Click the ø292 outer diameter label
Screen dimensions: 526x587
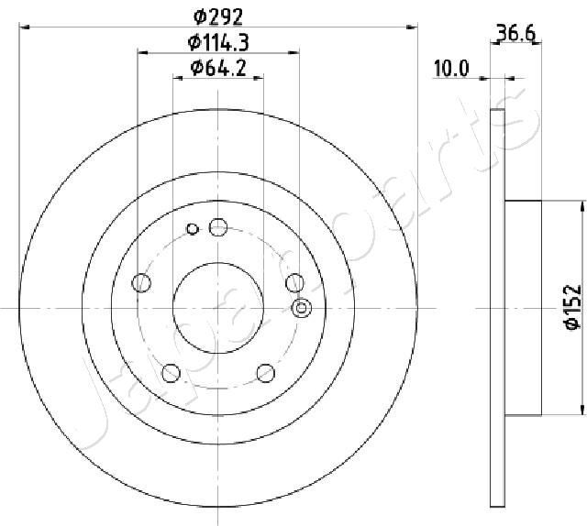click(218, 15)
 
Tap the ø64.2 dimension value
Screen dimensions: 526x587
click(218, 67)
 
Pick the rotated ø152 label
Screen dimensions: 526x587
click(568, 307)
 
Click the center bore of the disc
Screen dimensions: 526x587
click(218, 308)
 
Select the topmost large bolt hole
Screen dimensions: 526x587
click(218, 226)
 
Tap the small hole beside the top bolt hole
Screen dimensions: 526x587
click(193, 229)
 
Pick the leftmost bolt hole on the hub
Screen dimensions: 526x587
click(141, 283)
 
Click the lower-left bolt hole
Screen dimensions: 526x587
click(171, 373)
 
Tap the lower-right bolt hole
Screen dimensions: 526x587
click(266, 373)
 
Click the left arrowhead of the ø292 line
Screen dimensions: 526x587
click(25, 27)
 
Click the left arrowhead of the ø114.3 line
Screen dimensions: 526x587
click(143, 53)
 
